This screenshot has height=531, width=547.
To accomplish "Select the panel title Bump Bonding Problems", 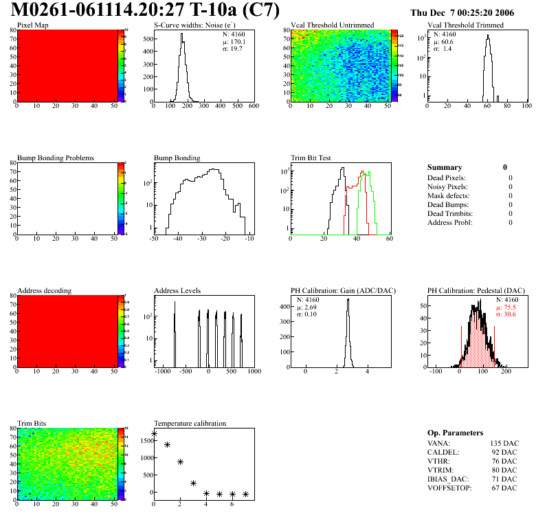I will click(x=56, y=158).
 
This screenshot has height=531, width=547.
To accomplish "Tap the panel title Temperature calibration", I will click(x=190, y=424).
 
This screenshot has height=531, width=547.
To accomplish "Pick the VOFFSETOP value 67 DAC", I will click(x=504, y=488).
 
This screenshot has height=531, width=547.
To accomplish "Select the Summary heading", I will click(x=445, y=168).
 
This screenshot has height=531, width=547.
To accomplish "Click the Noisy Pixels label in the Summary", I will click(x=448, y=186).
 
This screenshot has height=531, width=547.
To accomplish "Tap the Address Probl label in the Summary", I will click(x=450, y=222).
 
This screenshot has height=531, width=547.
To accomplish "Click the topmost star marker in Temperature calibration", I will click(x=154, y=434).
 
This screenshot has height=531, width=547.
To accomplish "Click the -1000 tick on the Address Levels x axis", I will click(x=164, y=371).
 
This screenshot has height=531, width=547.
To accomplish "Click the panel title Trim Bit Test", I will click(x=311, y=158).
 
